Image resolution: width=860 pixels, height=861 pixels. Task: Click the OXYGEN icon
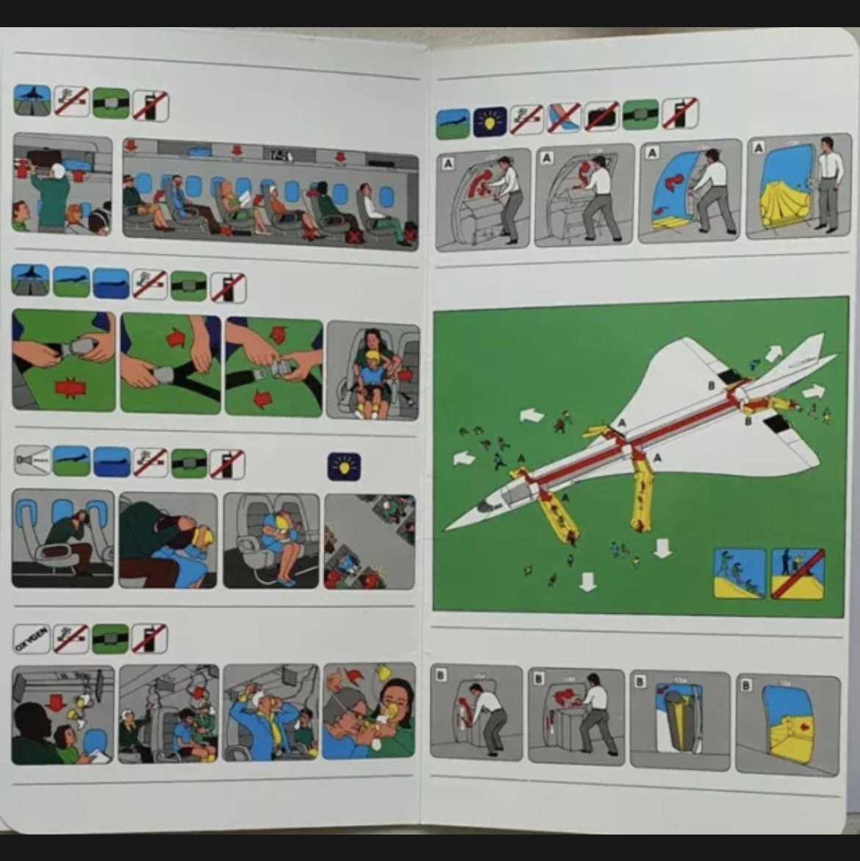pos(32,639)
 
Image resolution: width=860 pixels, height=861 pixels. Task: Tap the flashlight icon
pos(32,463)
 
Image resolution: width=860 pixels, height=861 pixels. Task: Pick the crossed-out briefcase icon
pos(602,116)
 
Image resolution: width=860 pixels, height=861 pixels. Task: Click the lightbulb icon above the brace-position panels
pos(343,466)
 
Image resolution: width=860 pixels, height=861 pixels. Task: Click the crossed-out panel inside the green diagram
pos(798,573)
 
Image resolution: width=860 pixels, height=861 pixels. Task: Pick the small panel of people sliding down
pos(739,573)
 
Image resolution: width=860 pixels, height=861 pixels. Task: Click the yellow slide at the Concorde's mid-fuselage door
pos(642,496)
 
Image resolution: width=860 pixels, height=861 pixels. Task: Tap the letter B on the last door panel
pos(746,685)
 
